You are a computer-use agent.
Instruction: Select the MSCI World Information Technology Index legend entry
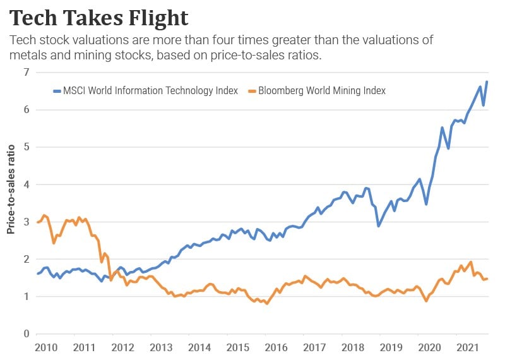click(150, 90)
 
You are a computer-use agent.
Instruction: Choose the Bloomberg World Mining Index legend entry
click(316, 90)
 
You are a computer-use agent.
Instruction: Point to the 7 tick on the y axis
click(26, 72)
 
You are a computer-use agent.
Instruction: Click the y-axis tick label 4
click(26, 184)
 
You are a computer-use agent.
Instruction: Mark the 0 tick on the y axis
click(26, 334)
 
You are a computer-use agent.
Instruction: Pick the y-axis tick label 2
click(26, 259)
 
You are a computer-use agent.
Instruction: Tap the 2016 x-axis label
click(275, 348)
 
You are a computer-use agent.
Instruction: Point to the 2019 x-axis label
click(391, 348)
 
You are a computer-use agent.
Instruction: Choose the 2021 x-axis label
click(468, 348)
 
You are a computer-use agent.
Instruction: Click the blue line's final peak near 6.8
click(487, 82)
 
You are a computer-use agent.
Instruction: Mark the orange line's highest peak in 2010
click(44, 215)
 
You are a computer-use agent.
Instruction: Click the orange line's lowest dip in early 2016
click(267, 304)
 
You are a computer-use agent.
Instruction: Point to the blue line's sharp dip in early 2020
click(426, 204)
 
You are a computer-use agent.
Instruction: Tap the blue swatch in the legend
click(56, 90)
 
